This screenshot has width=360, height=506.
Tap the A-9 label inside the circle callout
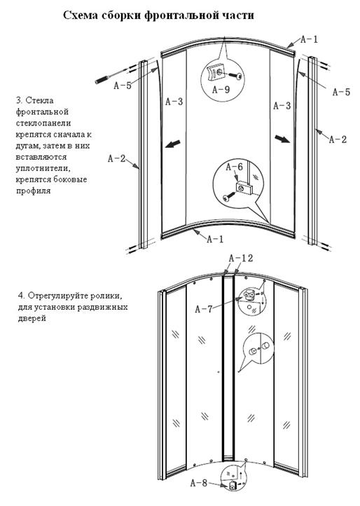(x=221, y=90)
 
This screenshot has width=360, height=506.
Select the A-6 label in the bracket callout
(x=234, y=167)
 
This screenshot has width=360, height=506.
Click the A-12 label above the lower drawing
(x=241, y=258)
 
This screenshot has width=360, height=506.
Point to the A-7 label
(x=204, y=309)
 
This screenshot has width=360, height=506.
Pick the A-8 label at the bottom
(x=199, y=483)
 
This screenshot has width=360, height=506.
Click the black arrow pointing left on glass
(x=173, y=144)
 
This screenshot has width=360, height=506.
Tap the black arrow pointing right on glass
(x=282, y=139)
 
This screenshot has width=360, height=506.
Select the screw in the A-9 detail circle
(x=236, y=76)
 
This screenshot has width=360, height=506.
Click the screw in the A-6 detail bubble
(x=228, y=196)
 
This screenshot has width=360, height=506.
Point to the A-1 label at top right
(x=309, y=39)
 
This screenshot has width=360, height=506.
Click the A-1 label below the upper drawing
(x=215, y=239)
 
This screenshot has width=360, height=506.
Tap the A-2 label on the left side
(x=116, y=158)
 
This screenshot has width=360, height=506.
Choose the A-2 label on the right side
(x=338, y=139)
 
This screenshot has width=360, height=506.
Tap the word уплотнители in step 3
(x=43, y=168)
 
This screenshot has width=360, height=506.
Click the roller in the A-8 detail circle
(x=233, y=485)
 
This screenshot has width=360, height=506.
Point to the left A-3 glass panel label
(x=174, y=102)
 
